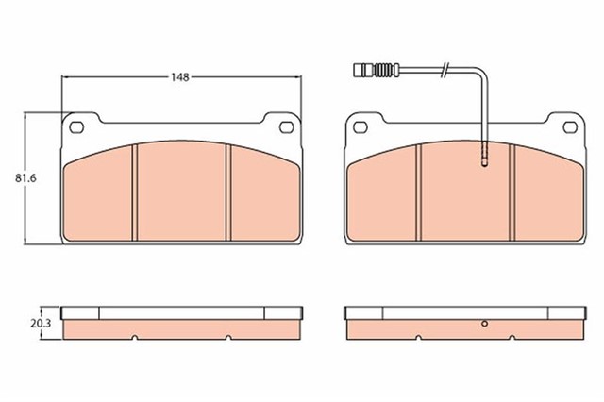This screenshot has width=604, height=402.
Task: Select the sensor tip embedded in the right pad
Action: click(x=484, y=158)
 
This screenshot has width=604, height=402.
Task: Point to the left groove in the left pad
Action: click(x=138, y=193)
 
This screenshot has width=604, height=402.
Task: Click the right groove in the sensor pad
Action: click(x=512, y=193)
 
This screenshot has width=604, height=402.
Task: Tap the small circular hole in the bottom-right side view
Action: click(x=483, y=326)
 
